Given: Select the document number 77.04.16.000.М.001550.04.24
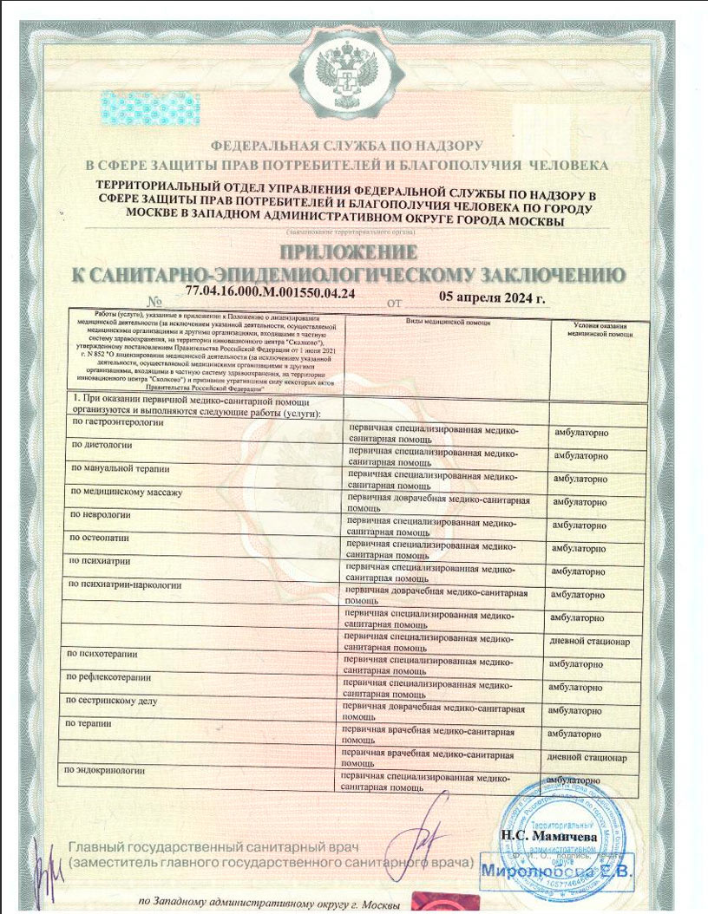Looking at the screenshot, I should tap(271, 295).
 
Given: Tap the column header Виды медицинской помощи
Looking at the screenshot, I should tap(449, 321).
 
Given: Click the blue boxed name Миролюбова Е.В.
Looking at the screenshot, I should tap(557, 867).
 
